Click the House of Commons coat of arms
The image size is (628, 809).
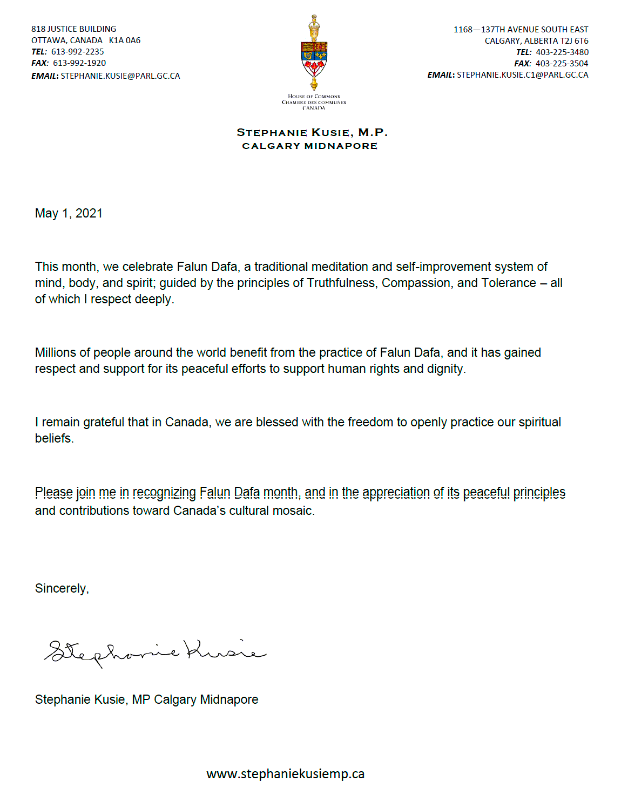[314, 54]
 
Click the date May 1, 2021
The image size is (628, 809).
[69, 213]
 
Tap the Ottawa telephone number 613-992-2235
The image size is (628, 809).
[77, 52]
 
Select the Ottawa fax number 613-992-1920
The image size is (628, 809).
[79, 63]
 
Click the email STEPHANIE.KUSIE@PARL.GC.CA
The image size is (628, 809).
[120, 76]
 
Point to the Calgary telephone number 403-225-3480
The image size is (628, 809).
[562, 52]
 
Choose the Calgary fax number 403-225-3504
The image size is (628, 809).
[562, 64]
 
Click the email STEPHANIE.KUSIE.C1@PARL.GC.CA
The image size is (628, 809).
[522, 75]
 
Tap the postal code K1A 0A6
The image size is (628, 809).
[124, 40]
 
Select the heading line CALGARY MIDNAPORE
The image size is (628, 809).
[309, 146]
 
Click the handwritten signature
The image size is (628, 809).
[155, 651]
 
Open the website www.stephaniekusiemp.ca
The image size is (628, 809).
[285, 774]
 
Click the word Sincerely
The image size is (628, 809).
[60, 588]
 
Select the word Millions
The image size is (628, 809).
[56, 352]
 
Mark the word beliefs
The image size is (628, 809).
[53, 438]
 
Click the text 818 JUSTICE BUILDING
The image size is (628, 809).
[73, 29]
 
